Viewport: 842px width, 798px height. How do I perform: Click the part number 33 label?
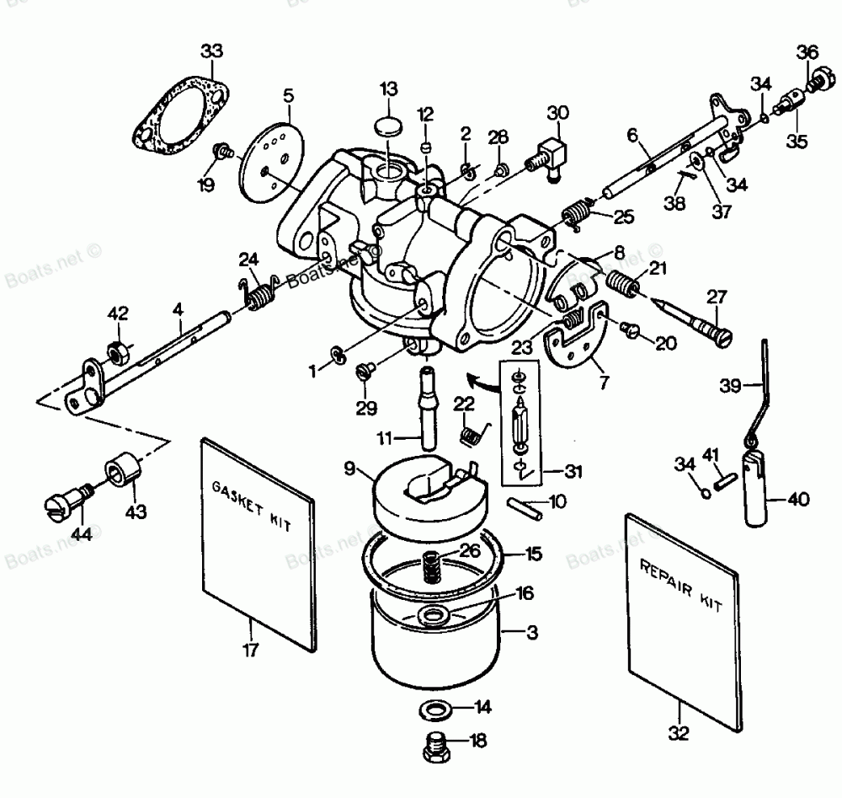click(212, 52)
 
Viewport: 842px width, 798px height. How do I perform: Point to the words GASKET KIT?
click(251, 506)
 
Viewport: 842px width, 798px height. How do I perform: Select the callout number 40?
click(797, 500)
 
